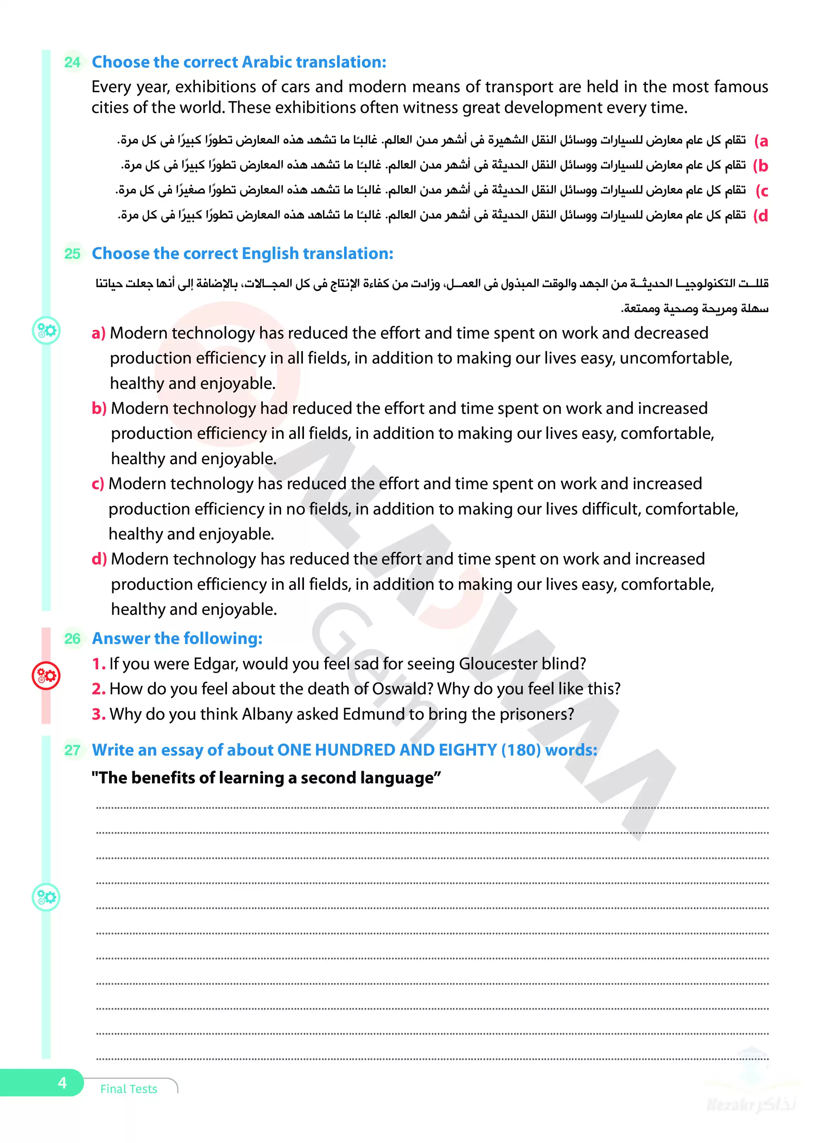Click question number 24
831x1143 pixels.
pos(72,62)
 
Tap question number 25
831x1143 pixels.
pos(72,253)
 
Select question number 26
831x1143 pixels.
pos(72,638)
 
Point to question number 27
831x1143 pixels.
pos(72,750)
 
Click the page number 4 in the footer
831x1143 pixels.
pos(62,1082)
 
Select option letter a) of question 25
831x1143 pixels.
pos(98,333)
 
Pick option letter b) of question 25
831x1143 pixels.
pos(99,408)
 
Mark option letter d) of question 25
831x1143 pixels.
pos(99,559)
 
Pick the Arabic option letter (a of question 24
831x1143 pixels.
pos(761,141)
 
